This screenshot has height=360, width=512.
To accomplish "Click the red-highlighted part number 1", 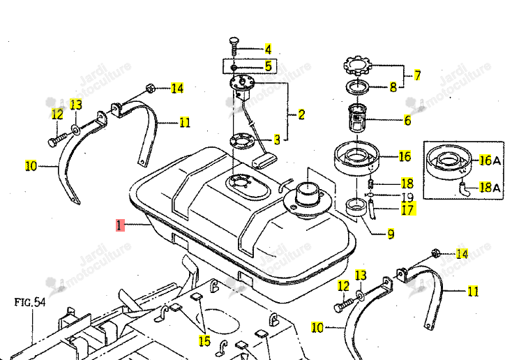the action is coord(120,225).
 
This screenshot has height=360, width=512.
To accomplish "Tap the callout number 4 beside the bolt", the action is coord(268,50).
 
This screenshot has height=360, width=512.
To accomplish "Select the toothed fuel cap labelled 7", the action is coord(358,66).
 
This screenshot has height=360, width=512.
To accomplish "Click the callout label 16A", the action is coord(490,160).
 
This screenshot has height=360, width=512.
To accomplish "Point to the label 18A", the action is coord(490,188).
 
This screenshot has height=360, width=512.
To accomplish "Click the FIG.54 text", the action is coord(30,302).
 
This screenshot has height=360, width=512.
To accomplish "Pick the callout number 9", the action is coord(391,234).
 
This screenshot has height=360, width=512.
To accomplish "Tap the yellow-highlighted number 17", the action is coord(407,209).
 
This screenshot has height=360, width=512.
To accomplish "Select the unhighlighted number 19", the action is coord(407,197).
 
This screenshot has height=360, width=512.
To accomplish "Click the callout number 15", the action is coord(205,340).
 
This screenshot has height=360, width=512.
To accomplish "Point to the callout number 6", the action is coord(407,121).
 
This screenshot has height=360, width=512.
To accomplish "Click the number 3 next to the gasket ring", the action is coord(277,140).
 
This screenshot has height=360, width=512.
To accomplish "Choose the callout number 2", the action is coord(301,114).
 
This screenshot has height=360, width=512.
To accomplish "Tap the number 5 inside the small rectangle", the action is coord(268,66).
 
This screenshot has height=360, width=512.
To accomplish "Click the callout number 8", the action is coord(393,87).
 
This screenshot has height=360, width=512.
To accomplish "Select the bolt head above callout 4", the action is coord(234,41).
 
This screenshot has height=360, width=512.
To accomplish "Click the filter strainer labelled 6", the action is coord(358,119).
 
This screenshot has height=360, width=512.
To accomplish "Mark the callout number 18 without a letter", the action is coord(407,183).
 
